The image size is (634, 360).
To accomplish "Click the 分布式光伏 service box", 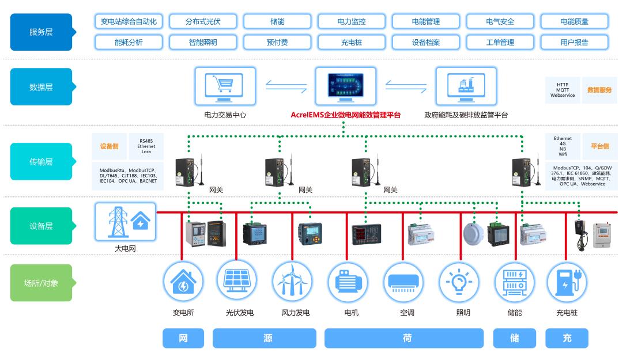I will [x=203, y=22].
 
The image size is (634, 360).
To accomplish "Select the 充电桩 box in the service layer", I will [x=351, y=42].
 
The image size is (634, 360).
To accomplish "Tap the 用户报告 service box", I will [x=574, y=42].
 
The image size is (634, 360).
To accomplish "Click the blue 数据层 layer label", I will [x=41, y=87].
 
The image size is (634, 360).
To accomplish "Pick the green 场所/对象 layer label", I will [x=41, y=283].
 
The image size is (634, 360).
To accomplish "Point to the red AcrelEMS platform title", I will [x=345, y=115].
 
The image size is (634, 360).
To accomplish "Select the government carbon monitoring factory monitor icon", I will [x=466, y=86].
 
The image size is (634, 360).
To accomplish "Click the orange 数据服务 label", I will [x=599, y=90].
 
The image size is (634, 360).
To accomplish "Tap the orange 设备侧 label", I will [x=110, y=146].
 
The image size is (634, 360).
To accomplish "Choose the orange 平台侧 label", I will [x=599, y=146].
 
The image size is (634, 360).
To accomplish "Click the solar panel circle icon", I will [x=237, y=281].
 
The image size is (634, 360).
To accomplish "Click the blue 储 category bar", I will [x=514, y=338].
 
